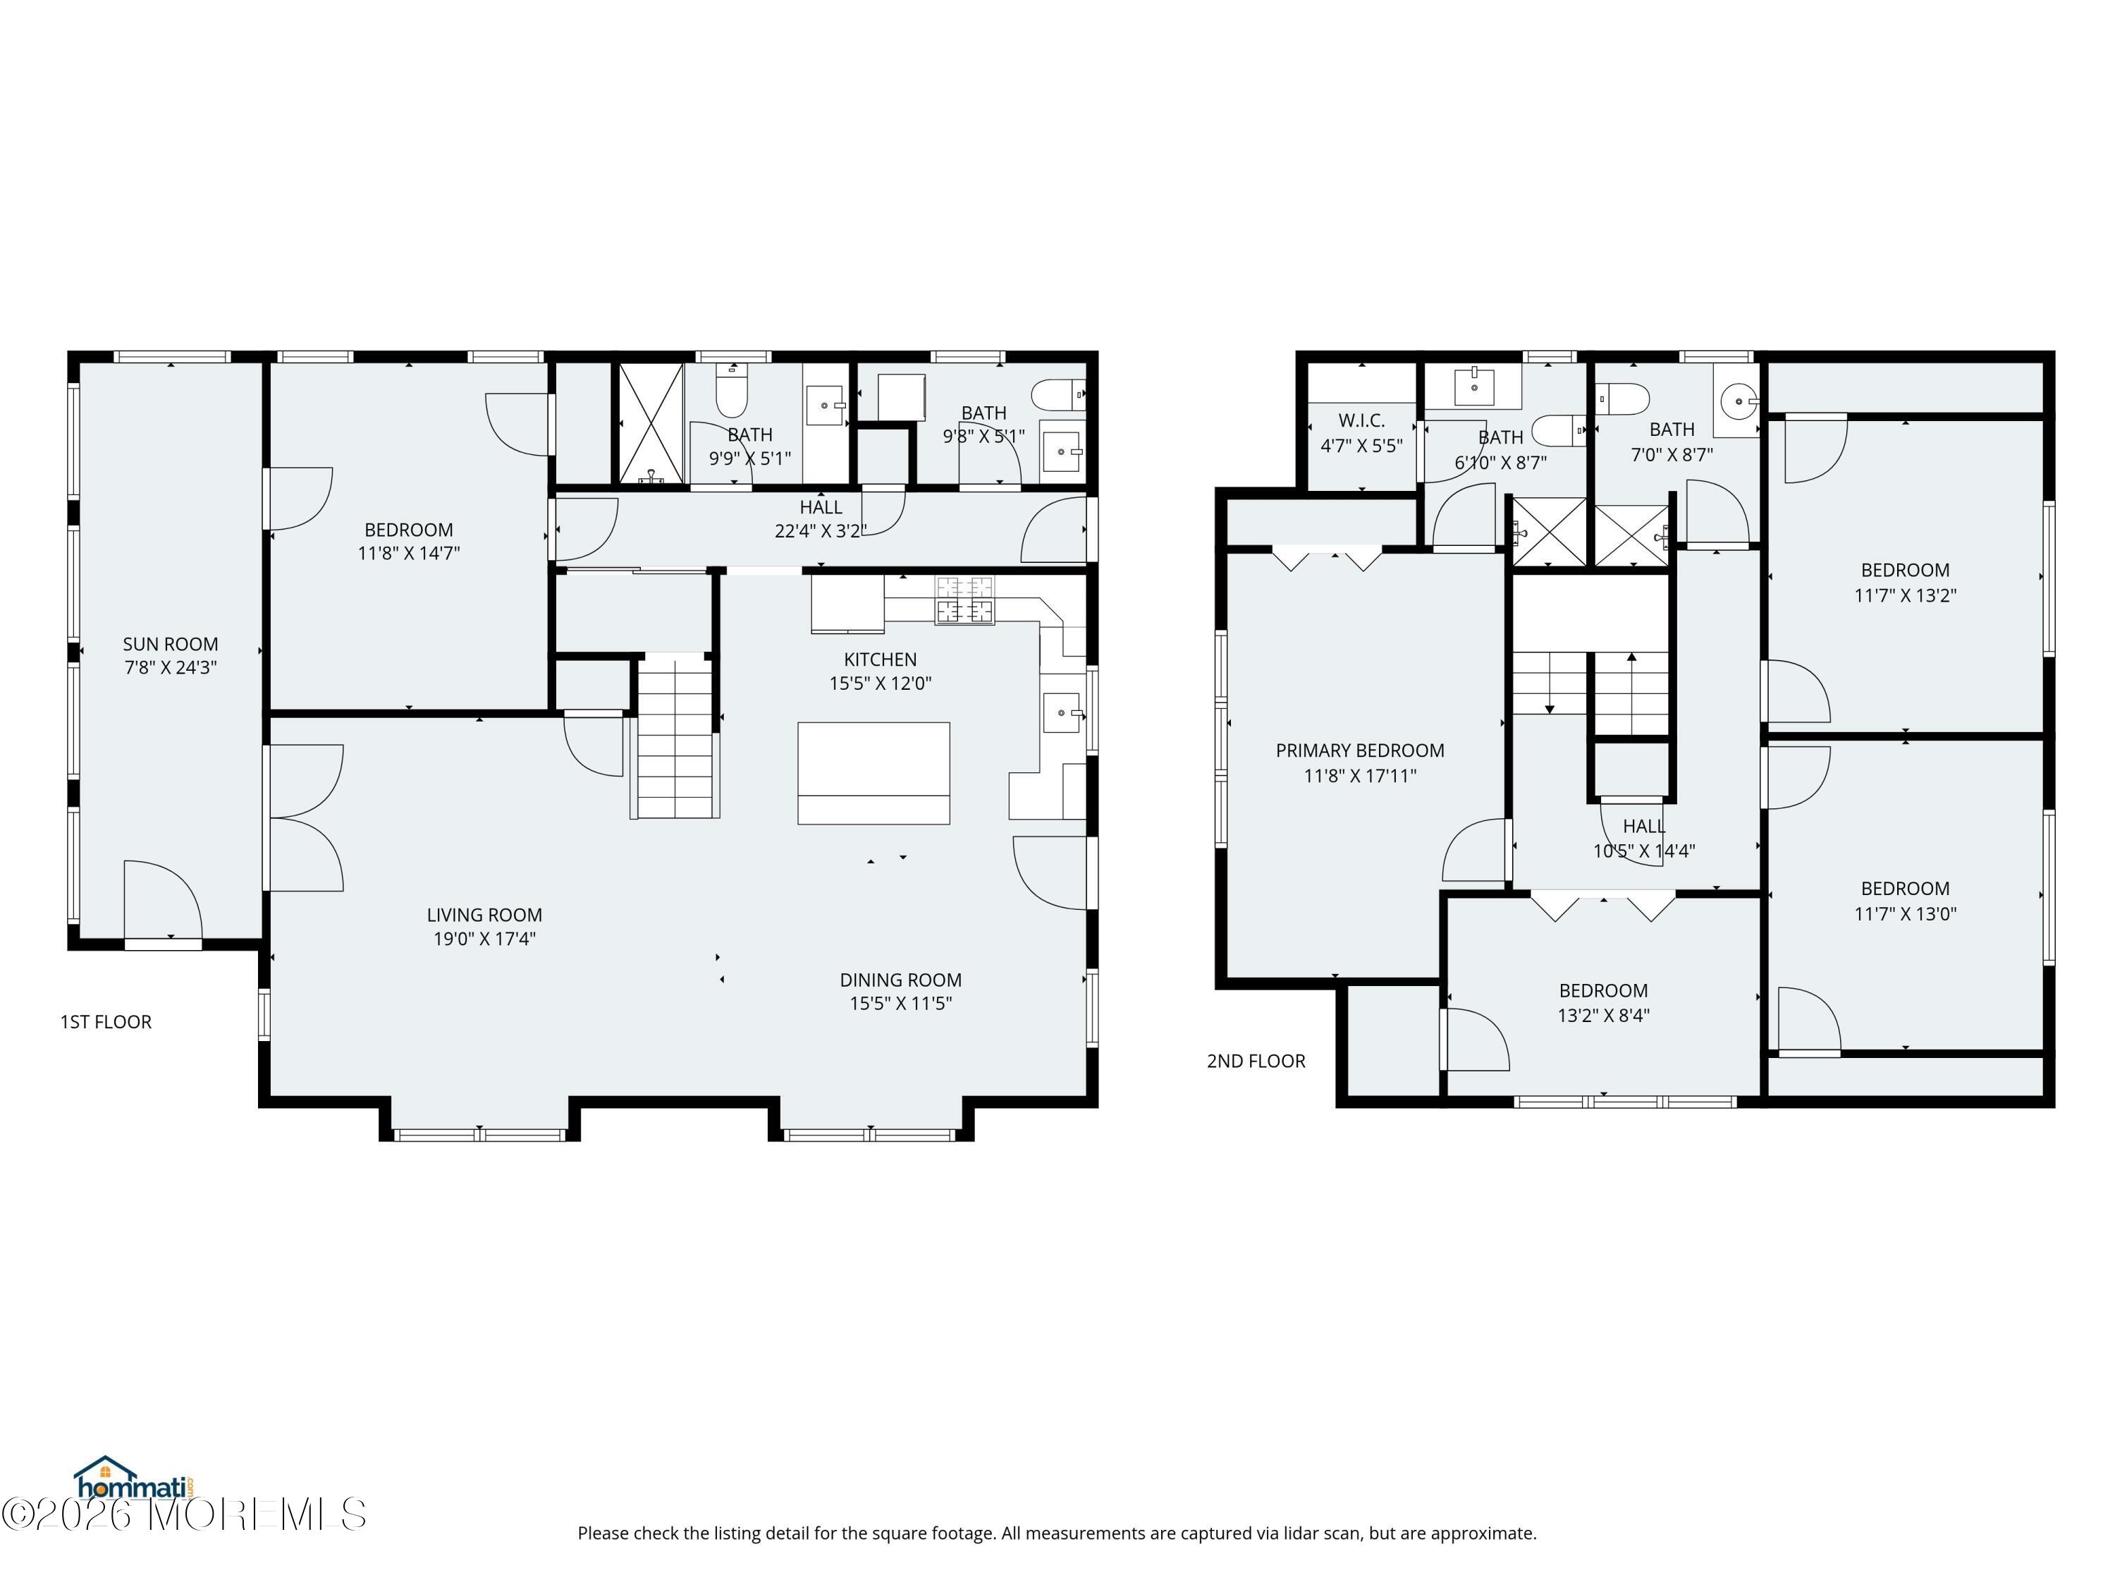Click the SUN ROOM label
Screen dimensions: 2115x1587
pos(170,644)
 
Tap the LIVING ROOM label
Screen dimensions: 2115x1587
pos(485,915)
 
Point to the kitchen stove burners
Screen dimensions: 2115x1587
pos(964,600)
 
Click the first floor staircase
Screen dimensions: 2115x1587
pos(676,735)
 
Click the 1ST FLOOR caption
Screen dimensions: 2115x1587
pos(106,1021)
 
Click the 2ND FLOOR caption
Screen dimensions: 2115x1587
pos(1256,1061)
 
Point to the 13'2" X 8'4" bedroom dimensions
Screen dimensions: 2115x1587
pos(1603,1016)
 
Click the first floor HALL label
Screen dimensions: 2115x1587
pos(821,507)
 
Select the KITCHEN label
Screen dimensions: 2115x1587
pos(880,659)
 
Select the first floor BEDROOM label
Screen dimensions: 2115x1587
pos(408,530)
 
